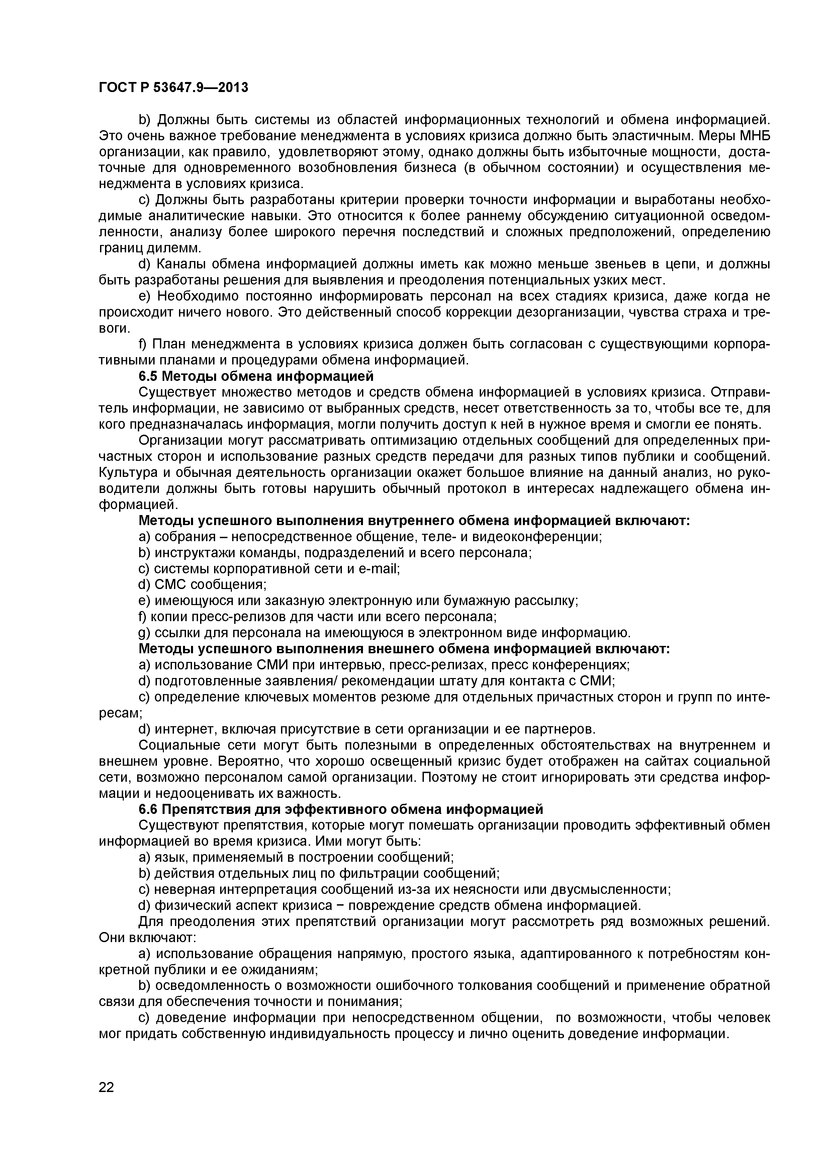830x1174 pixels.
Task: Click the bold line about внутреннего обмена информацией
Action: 414,520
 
